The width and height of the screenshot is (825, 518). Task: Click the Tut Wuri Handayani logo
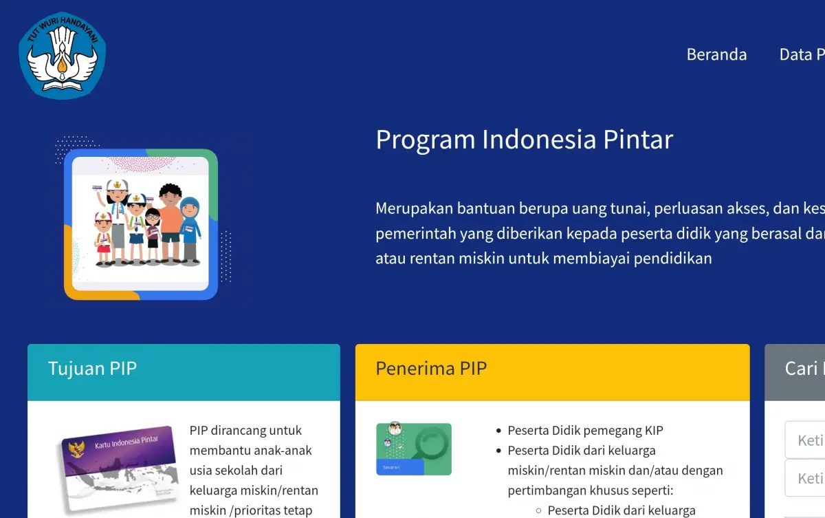pos(63,55)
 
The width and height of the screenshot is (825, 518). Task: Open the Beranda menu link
pos(716,54)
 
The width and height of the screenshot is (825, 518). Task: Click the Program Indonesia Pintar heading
pos(524,140)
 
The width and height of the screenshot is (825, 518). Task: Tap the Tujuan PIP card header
pos(184,372)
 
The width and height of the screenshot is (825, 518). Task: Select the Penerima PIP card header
pos(552,372)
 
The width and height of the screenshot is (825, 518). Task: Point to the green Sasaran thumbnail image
pos(414,449)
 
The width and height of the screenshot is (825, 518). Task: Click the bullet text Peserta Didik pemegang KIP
pos(585,431)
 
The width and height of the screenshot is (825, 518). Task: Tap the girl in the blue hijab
pos(190,230)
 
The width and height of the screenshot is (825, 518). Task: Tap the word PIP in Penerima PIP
pos(473,369)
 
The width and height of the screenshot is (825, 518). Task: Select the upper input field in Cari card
pos(806,440)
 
